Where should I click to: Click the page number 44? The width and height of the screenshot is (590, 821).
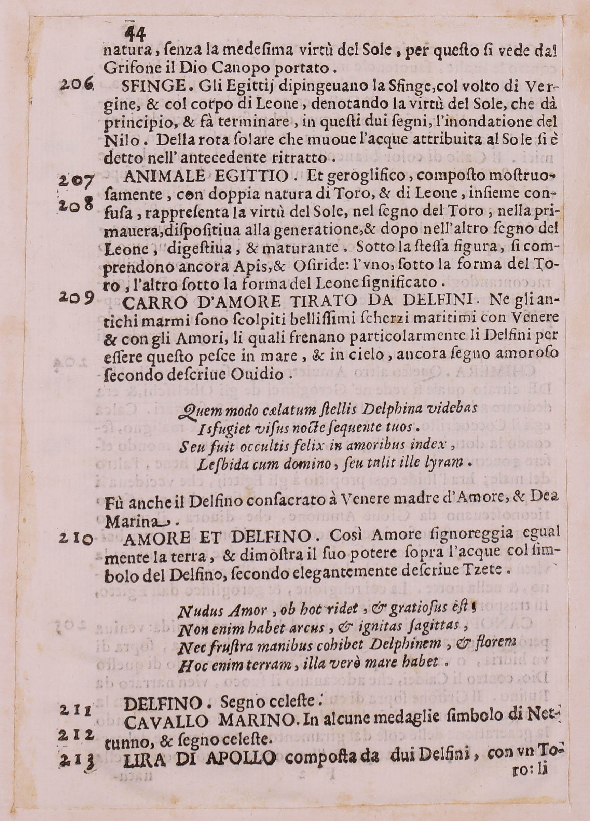coord(135,35)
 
